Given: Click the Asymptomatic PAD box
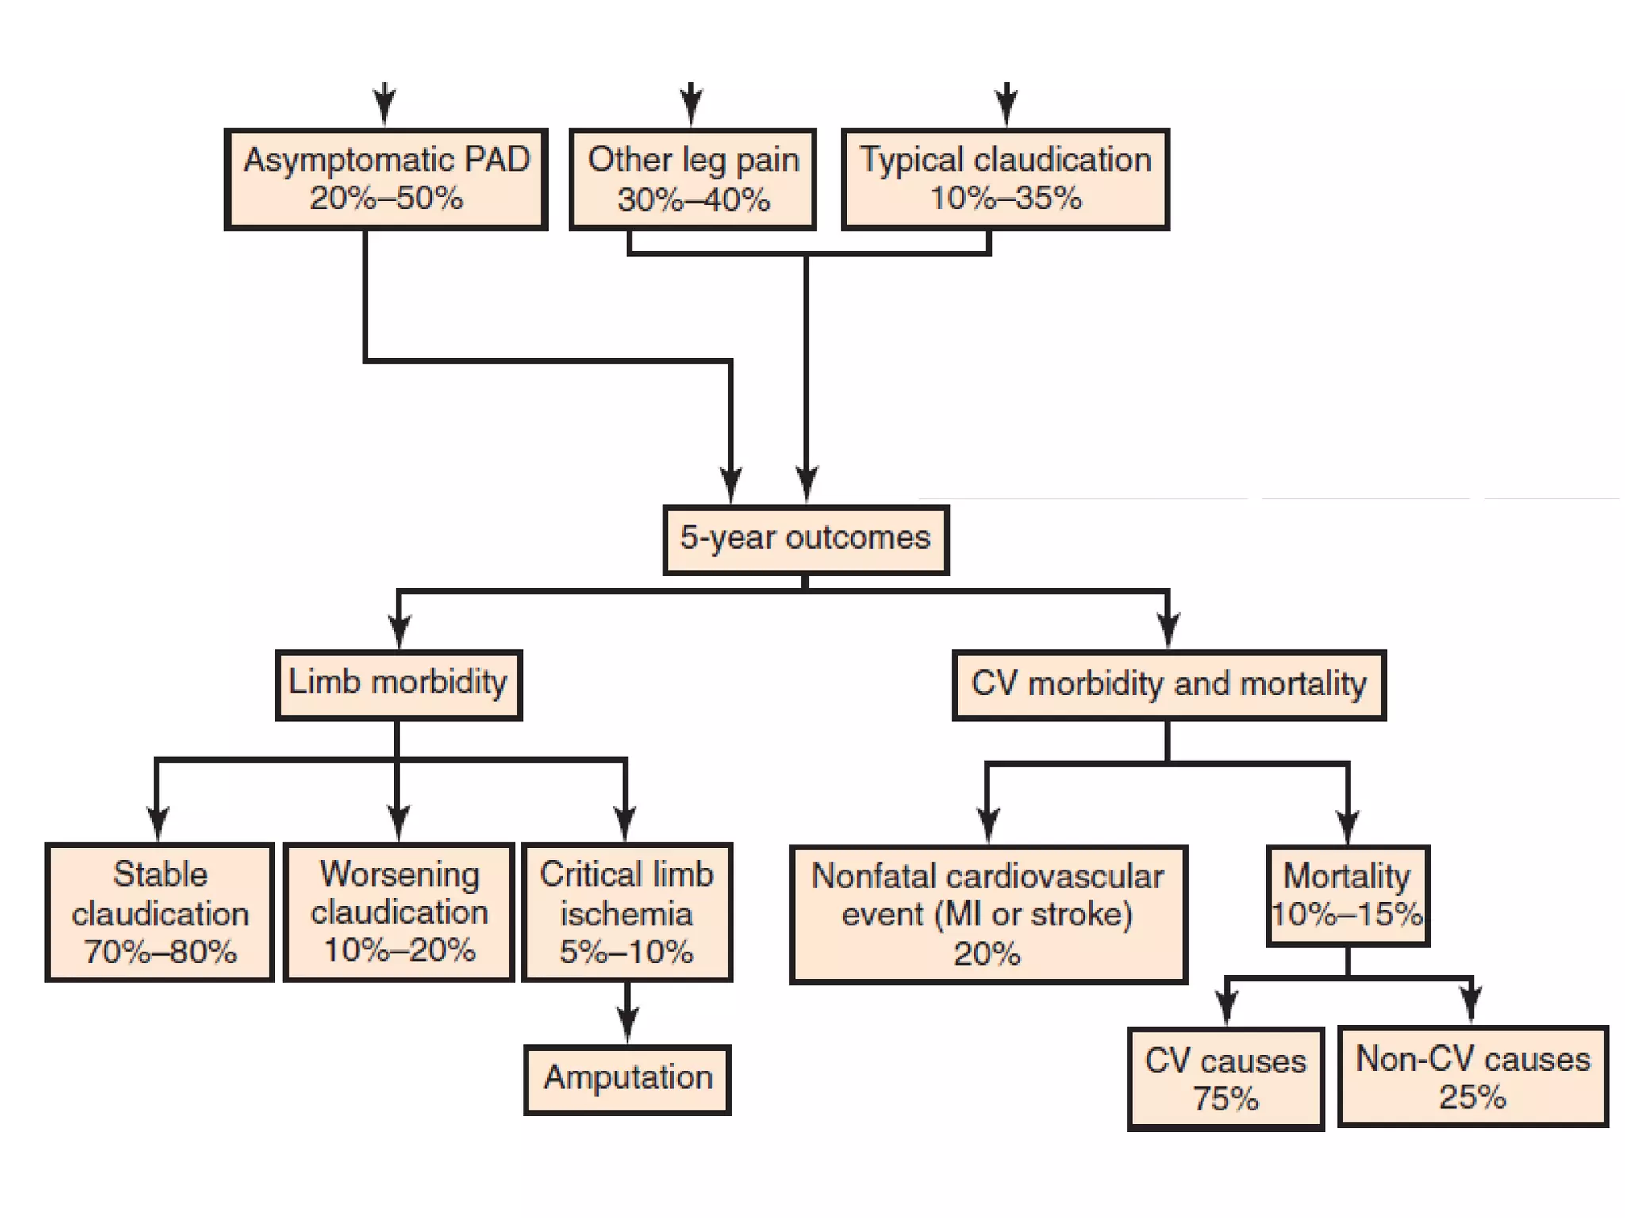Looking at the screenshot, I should [386, 179].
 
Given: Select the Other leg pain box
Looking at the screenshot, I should [693, 179].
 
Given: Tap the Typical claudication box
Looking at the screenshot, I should [1005, 179].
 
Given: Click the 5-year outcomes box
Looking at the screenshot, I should [805, 540].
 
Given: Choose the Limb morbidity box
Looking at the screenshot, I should [398, 685].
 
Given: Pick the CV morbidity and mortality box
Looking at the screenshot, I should [1169, 685].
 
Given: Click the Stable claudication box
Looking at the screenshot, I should [159, 913].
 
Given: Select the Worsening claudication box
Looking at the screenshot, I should [399, 913].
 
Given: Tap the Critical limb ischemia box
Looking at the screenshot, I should [627, 913].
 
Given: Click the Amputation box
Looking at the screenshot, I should [627, 1080].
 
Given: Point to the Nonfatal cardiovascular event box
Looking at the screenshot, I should [988, 914].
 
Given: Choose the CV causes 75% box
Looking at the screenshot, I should [1225, 1079].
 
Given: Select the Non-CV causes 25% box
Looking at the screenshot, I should [1473, 1077].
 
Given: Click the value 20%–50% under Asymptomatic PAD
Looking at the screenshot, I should [386, 198].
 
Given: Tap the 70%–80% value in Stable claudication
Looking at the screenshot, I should [159, 952].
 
